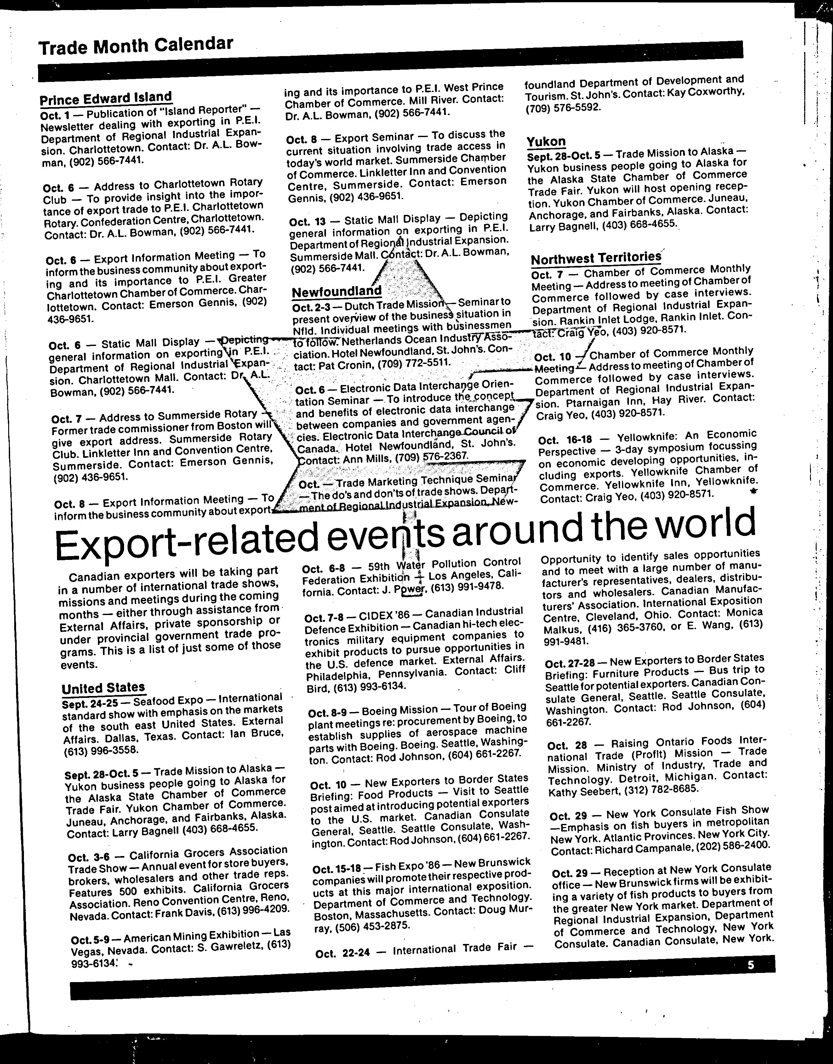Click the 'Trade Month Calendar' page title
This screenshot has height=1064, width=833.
pyautogui.click(x=136, y=46)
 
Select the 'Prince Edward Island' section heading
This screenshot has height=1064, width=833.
pyautogui.click(x=106, y=98)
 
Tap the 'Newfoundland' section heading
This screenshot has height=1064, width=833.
pyautogui.click(x=337, y=291)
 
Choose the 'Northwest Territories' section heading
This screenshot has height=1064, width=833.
pyautogui.click(x=596, y=258)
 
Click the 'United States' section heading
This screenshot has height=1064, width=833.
pyautogui.click(x=103, y=688)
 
